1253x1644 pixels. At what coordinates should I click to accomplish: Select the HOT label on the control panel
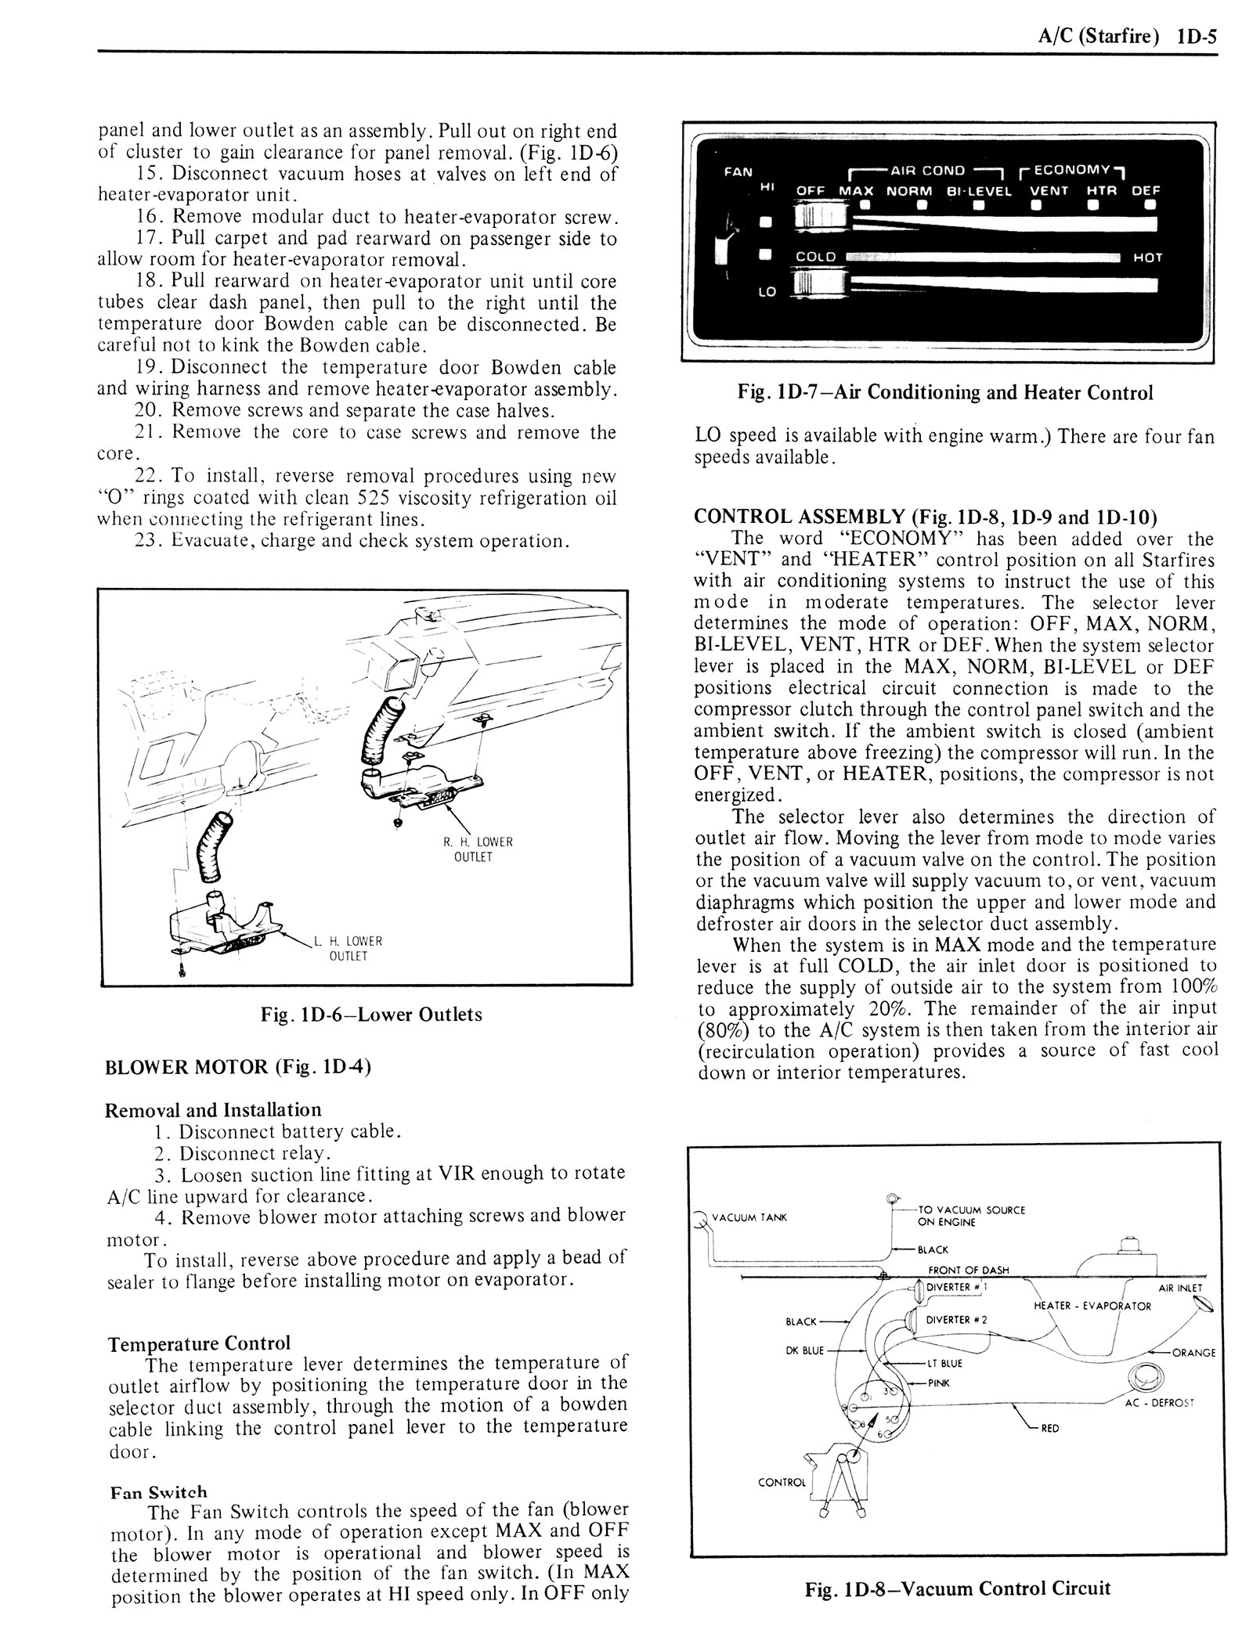pos(1147,258)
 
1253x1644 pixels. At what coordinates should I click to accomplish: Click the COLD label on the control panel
pos(816,257)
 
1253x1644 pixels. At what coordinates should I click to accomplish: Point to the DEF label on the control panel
pos(1146,190)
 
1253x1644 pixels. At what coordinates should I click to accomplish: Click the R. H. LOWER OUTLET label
pos(477,849)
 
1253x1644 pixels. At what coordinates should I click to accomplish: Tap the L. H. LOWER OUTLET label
pos(347,948)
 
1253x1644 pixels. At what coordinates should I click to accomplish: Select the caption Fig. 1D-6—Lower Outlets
pos(366,1015)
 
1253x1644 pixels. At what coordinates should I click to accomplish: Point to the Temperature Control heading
pos(199,1343)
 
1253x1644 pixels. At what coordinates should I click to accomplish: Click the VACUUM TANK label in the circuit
pos(749,1217)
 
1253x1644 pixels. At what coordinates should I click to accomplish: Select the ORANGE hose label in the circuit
pos(1193,1352)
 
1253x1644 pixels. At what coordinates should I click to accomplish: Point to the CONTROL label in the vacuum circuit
pos(782,1482)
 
